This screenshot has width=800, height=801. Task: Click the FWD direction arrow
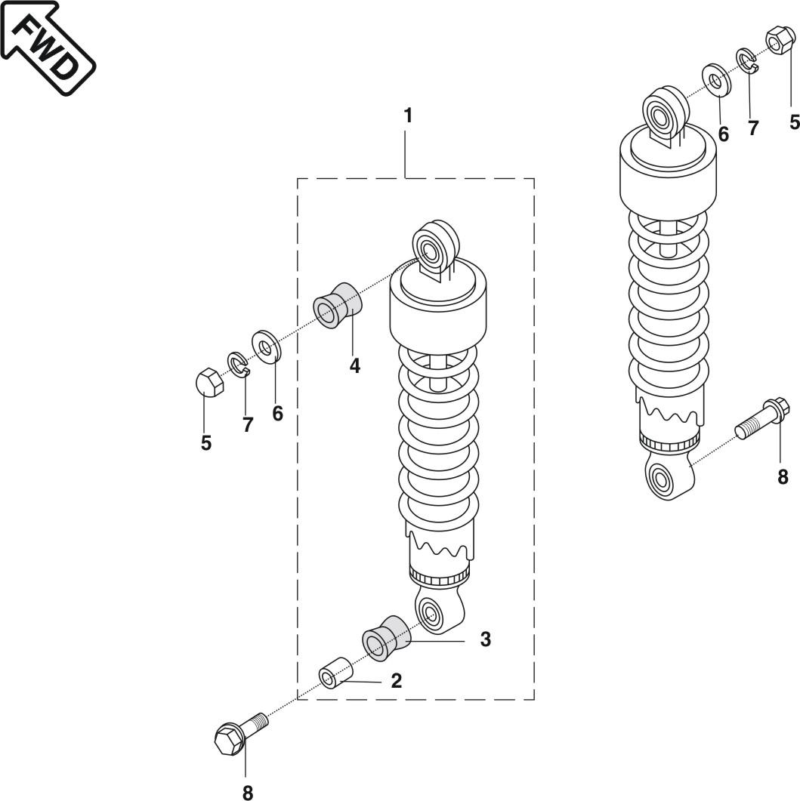pyautogui.click(x=48, y=47)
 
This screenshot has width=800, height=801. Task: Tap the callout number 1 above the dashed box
pyautogui.click(x=407, y=116)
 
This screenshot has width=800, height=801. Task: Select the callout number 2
pyautogui.click(x=396, y=681)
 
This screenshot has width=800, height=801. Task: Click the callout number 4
pyautogui.click(x=355, y=365)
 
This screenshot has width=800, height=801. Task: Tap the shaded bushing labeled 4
pyautogui.click(x=338, y=306)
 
